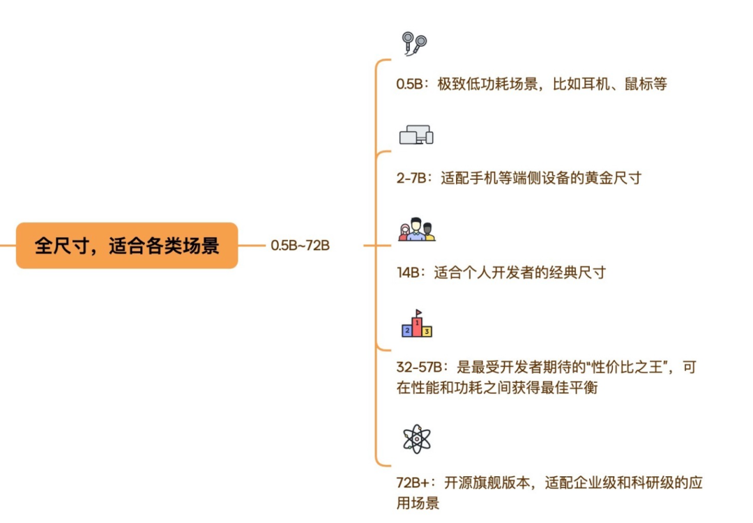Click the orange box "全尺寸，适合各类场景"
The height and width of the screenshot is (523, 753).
point(127,245)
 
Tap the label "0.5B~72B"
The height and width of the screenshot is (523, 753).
point(300,245)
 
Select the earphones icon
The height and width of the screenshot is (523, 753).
point(414,43)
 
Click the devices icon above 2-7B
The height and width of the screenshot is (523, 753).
point(416,135)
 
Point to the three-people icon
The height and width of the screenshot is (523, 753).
point(416,229)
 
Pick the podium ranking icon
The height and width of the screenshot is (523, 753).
point(417,326)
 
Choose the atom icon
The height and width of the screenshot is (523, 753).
point(417,439)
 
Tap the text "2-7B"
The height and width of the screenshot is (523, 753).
point(411,178)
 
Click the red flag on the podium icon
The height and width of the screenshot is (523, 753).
point(418,312)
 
